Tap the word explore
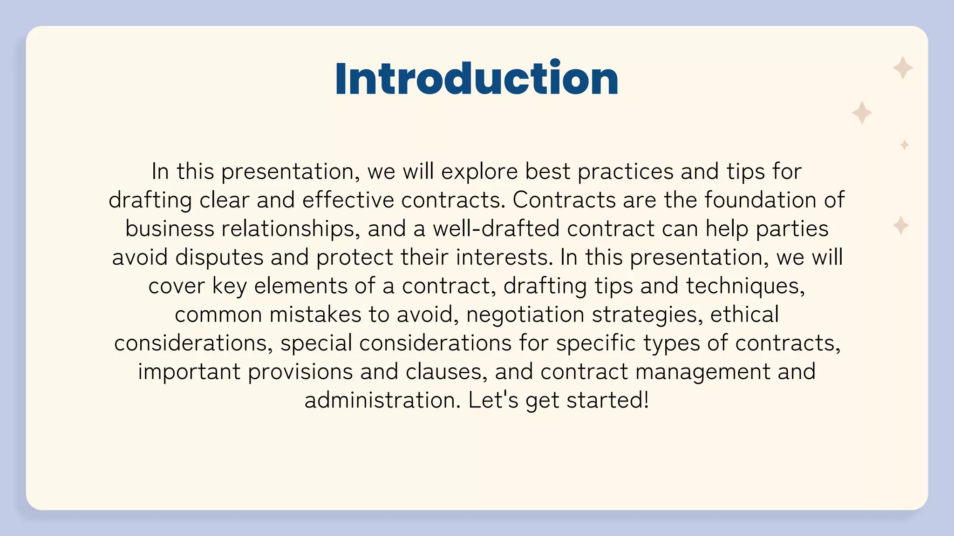click(x=479, y=172)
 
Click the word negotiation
click(x=525, y=315)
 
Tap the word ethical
click(x=744, y=315)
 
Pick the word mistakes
click(x=315, y=315)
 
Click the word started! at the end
click(x=607, y=400)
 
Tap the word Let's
click(x=493, y=400)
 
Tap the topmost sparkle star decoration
click(x=902, y=68)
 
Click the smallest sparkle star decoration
click(x=904, y=145)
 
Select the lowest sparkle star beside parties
click(x=900, y=225)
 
